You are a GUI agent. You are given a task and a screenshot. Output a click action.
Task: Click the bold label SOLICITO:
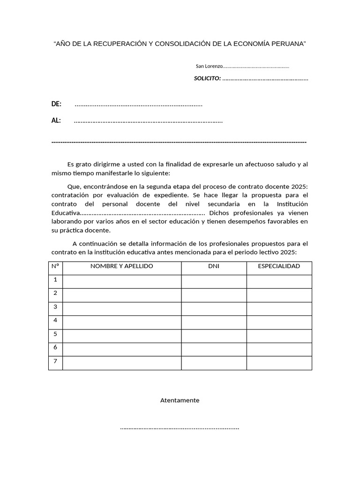[207, 78]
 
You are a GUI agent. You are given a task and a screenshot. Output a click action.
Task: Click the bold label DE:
[56, 104]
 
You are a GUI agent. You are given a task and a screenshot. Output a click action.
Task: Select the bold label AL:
[56, 120]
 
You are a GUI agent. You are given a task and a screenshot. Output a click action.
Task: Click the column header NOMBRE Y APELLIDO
[122, 266]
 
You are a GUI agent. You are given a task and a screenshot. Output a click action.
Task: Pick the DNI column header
[214, 266]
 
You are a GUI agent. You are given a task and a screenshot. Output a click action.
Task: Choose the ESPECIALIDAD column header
[279, 266]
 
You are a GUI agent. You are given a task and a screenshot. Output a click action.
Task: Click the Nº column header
[55, 266]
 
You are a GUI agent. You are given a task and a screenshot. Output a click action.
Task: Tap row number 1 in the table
[55, 280]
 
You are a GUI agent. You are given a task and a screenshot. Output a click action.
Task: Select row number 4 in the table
[55, 321]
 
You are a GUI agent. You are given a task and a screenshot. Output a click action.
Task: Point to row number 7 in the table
[55, 361]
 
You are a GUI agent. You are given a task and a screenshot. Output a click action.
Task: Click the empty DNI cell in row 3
[214, 308]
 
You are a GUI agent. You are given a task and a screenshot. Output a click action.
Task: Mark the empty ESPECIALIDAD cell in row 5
[279, 336]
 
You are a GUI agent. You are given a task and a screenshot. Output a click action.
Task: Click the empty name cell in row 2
[122, 295]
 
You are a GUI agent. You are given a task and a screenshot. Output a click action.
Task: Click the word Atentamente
[180, 400]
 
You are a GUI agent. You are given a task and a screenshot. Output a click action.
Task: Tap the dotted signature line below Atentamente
[180, 428]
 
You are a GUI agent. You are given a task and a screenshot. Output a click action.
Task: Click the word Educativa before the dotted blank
[66, 213]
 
